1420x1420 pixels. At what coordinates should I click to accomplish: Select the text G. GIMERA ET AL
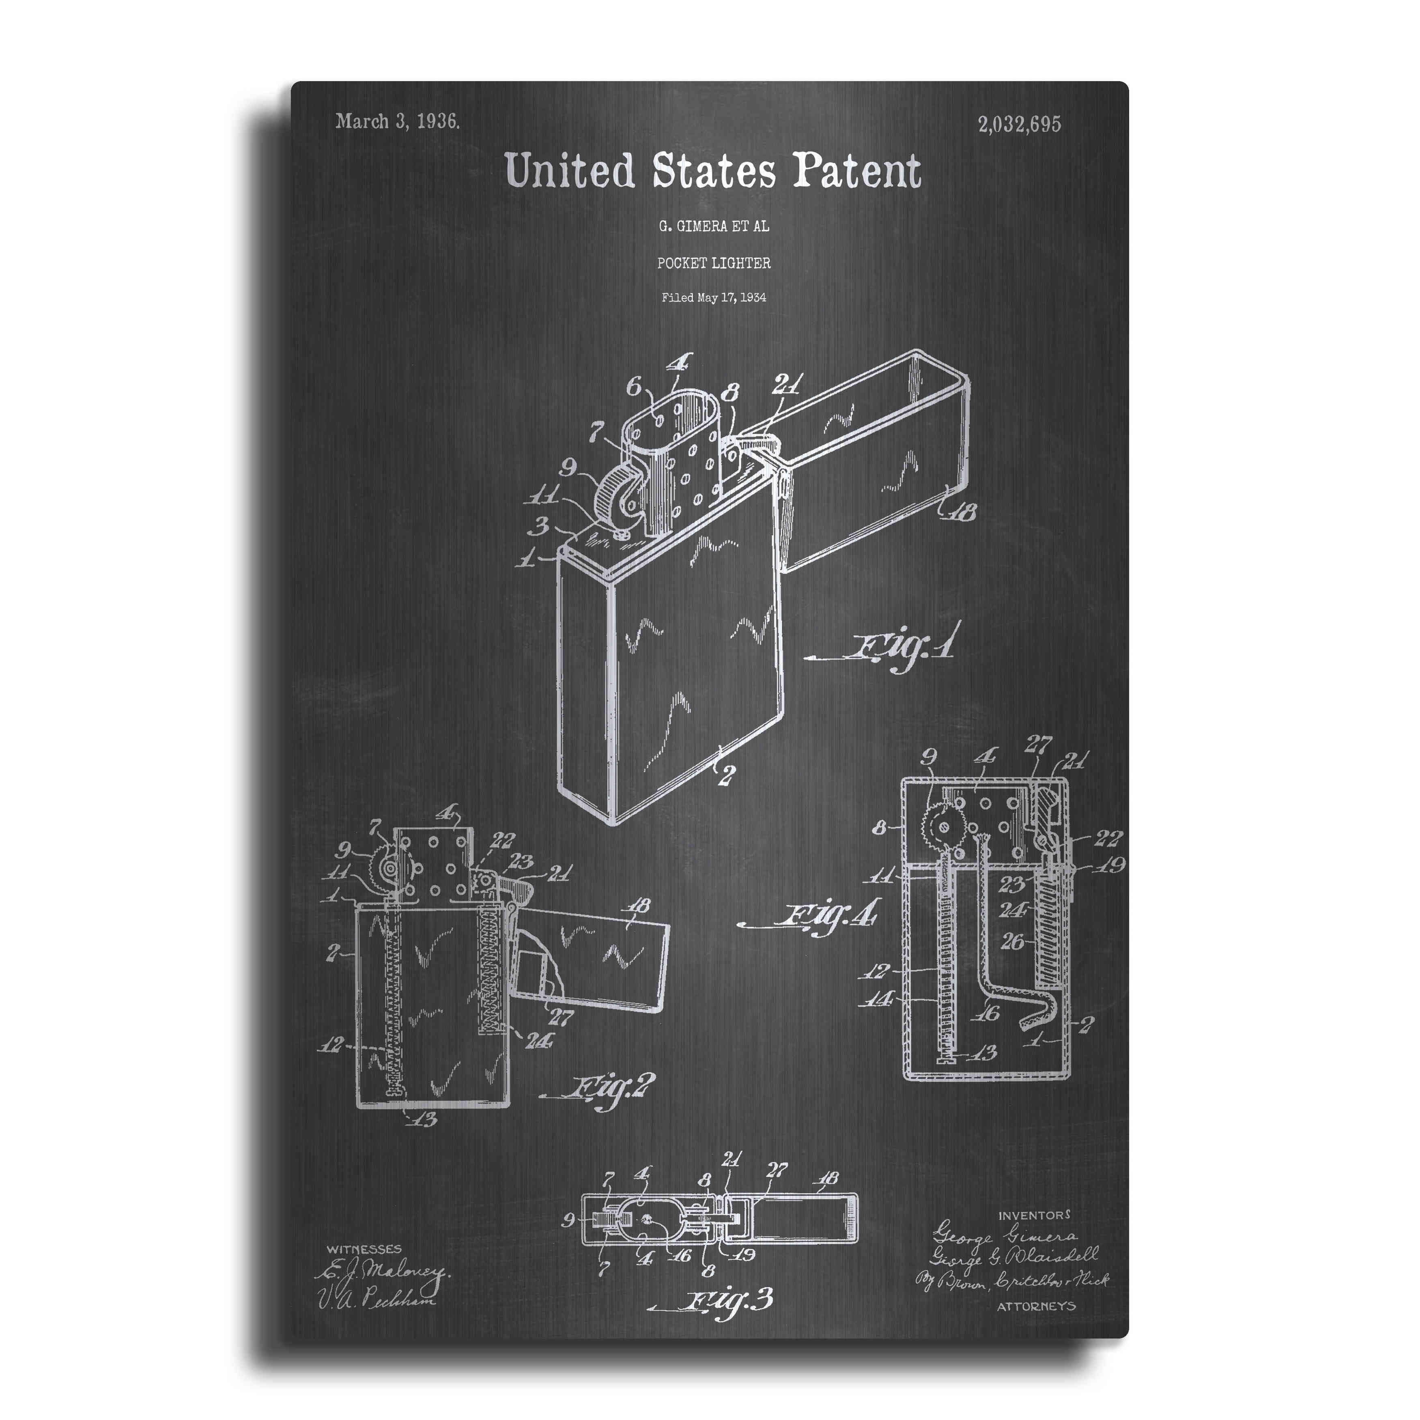pyautogui.click(x=714, y=226)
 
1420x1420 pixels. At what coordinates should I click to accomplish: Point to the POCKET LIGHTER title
pyautogui.click(x=714, y=263)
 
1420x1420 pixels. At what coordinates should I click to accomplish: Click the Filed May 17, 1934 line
pyautogui.click(x=714, y=298)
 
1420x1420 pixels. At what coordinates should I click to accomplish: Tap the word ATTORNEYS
pyautogui.click(x=1036, y=1306)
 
